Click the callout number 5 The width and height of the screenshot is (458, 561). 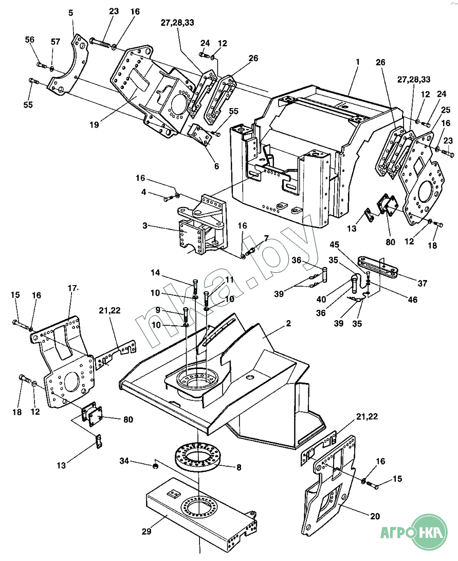[x=71, y=13]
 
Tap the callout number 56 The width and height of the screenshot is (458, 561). [x=30, y=40]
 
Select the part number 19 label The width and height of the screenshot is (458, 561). [x=94, y=125]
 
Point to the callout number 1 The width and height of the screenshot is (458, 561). [x=358, y=62]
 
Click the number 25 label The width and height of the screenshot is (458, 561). [x=446, y=110]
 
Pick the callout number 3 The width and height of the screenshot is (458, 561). [x=144, y=226]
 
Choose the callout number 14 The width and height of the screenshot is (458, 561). [x=155, y=273]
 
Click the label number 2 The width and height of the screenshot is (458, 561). [x=288, y=323]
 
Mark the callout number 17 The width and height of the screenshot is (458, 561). [x=72, y=288]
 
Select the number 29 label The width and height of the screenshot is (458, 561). [x=146, y=532]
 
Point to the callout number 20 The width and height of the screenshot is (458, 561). [x=375, y=516]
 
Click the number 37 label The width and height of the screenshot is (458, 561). [x=422, y=284]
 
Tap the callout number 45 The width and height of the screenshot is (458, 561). [x=335, y=244]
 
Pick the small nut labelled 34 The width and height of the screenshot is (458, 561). [x=155, y=466]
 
